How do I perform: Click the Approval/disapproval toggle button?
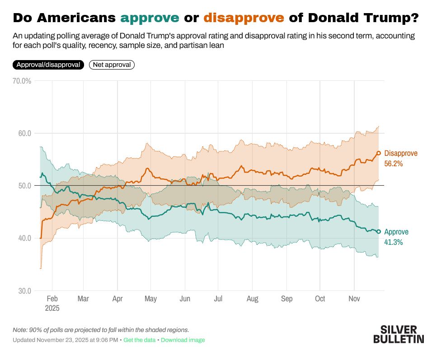(x=48, y=65)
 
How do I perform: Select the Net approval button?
(x=112, y=65)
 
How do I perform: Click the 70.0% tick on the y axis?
(x=22, y=81)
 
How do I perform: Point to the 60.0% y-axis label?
(x=22, y=133)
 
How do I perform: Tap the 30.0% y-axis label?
(x=22, y=290)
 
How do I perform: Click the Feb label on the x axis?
(x=52, y=299)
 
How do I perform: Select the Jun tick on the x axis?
(x=184, y=299)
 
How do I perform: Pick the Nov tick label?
(x=354, y=299)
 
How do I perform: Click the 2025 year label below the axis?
(x=52, y=308)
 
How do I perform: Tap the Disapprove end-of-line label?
(x=400, y=153)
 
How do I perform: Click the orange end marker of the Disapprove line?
(x=379, y=153)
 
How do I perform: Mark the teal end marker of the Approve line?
(x=379, y=232)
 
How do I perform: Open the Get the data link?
(x=139, y=340)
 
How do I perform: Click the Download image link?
(x=183, y=340)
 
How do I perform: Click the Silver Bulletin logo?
(x=399, y=334)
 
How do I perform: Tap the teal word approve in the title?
(x=150, y=18)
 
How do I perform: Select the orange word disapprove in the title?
(x=244, y=18)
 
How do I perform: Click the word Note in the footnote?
(x=20, y=330)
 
